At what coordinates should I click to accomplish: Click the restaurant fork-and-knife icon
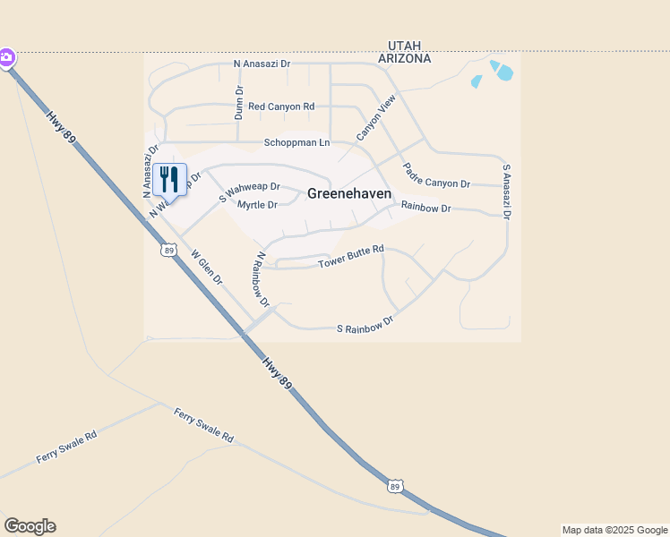169,179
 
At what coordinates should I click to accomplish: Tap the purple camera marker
6,57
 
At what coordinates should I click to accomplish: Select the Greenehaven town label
349,193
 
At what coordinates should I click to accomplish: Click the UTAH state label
404,46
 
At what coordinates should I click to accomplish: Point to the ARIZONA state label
405,58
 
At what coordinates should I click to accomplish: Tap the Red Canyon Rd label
281,107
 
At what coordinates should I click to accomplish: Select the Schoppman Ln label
296,142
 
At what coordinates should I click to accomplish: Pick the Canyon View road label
375,119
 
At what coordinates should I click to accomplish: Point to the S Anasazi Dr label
506,192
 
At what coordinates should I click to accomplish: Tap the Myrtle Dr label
257,205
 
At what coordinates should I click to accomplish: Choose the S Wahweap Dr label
250,192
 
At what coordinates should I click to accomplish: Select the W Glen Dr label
206,267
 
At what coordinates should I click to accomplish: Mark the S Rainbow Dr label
365,325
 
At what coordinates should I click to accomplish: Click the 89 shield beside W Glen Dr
168,251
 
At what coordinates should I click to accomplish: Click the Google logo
30,526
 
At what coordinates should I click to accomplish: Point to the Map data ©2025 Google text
614,530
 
